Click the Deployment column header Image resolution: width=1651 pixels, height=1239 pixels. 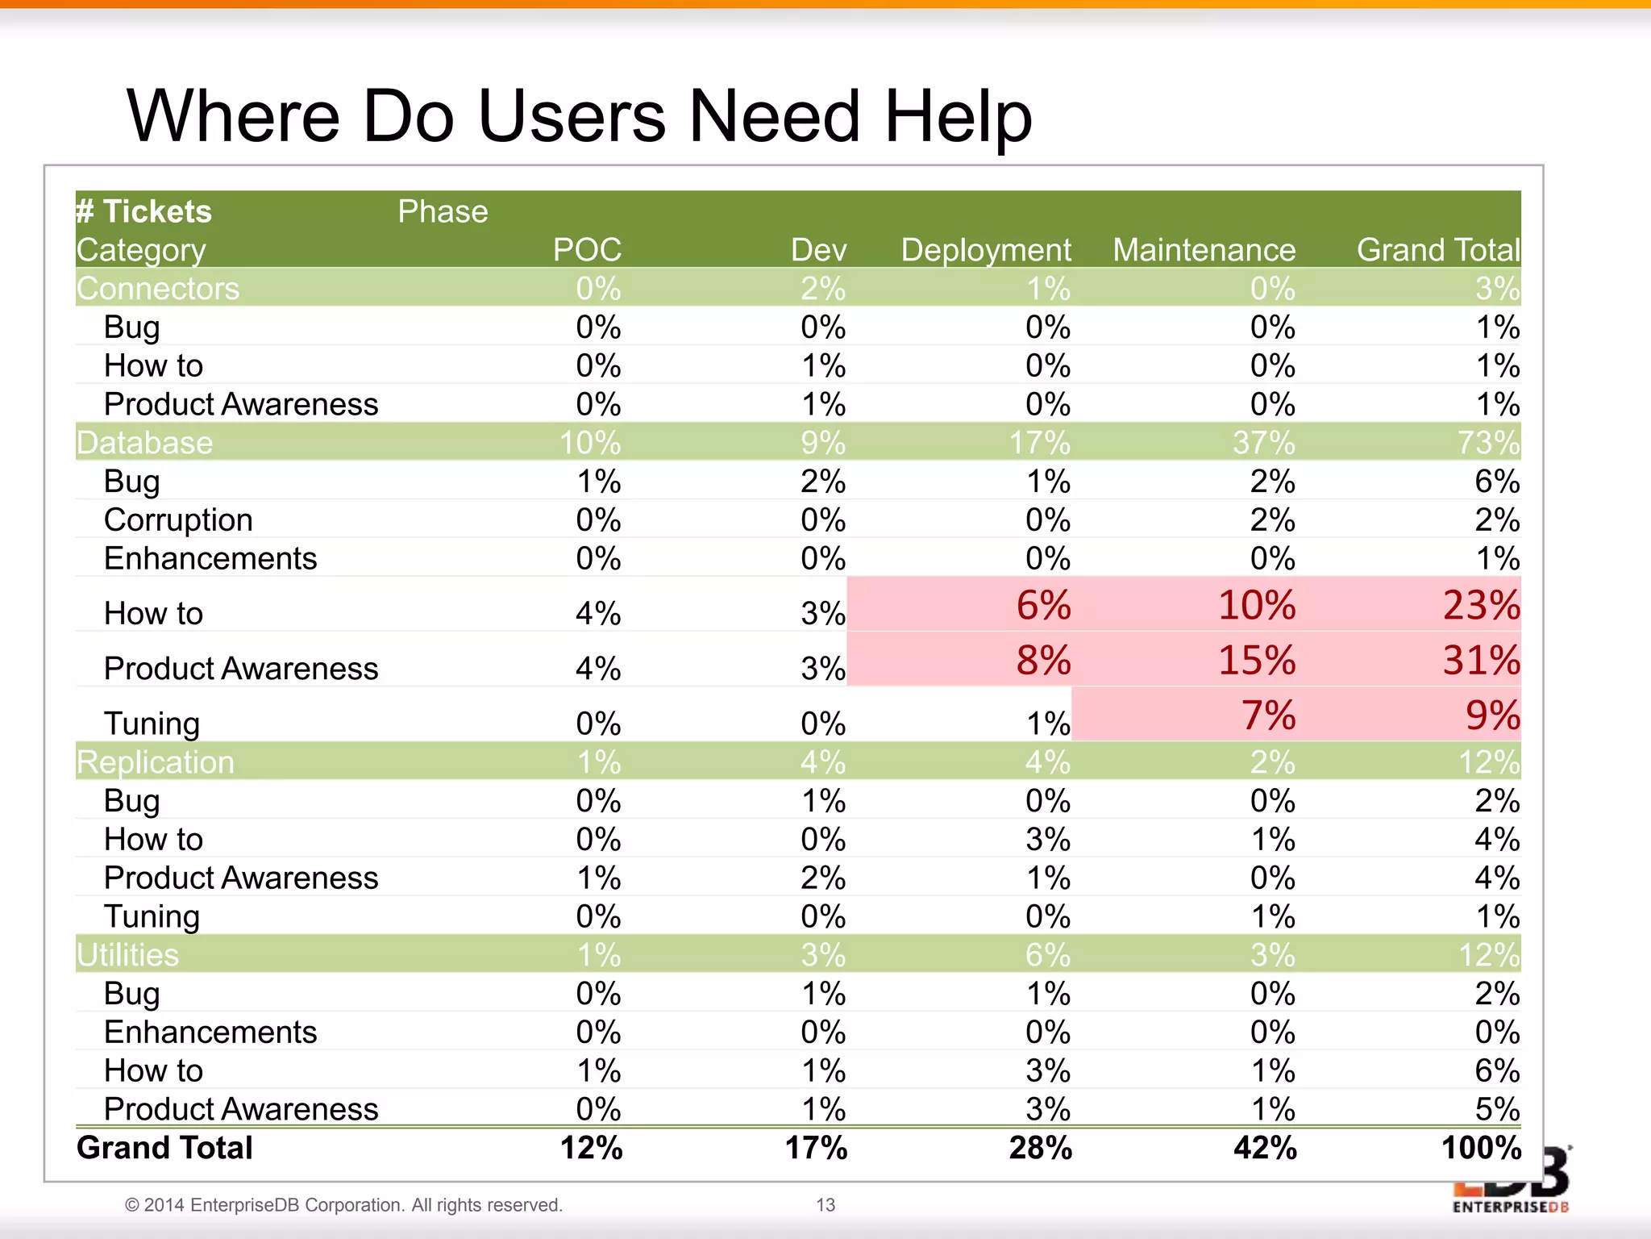tap(985, 250)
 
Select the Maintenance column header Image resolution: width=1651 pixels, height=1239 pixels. tap(1204, 250)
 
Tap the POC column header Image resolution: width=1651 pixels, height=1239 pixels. tap(587, 250)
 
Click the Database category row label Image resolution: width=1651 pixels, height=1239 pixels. tap(145, 443)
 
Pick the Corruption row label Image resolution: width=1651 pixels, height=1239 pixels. tap(178, 520)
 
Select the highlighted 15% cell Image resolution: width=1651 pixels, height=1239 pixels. tap(1256, 660)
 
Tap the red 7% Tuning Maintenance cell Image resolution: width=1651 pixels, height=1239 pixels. tap(1267, 715)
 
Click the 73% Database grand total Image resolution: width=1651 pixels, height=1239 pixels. tap(1487, 443)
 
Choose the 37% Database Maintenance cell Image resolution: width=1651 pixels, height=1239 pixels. tap(1263, 443)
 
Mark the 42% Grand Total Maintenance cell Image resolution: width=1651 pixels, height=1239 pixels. tap(1264, 1148)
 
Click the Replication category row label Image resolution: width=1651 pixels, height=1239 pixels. tap(156, 762)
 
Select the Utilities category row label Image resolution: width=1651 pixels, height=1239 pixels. tap(128, 955)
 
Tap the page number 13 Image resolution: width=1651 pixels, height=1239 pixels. tap(825, 1205)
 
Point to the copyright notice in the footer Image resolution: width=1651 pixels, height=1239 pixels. tap(343, 1205)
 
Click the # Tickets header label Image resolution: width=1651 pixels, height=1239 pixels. tap(144, 211)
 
